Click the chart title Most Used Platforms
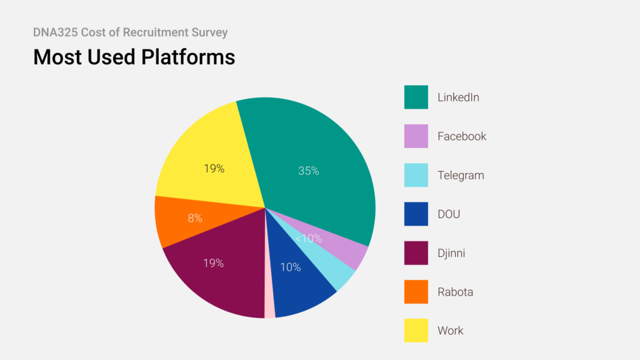click(134, 57)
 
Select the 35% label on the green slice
click(309, 170)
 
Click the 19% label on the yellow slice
click(214, 168)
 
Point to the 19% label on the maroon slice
click(213, 263)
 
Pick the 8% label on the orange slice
click(195, 218)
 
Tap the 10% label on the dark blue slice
click(291, 267)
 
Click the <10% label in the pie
click(308, 238)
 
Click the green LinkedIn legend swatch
click(416, 97)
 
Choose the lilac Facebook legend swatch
click(416, 136)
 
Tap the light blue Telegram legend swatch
click(416, 175)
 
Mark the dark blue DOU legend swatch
click(416, 214)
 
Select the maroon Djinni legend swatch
click(416, 252)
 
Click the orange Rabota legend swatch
click(416, 292)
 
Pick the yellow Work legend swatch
click(416, 331)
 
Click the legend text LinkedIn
click(458, 97)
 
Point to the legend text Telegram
click(461, 175)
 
